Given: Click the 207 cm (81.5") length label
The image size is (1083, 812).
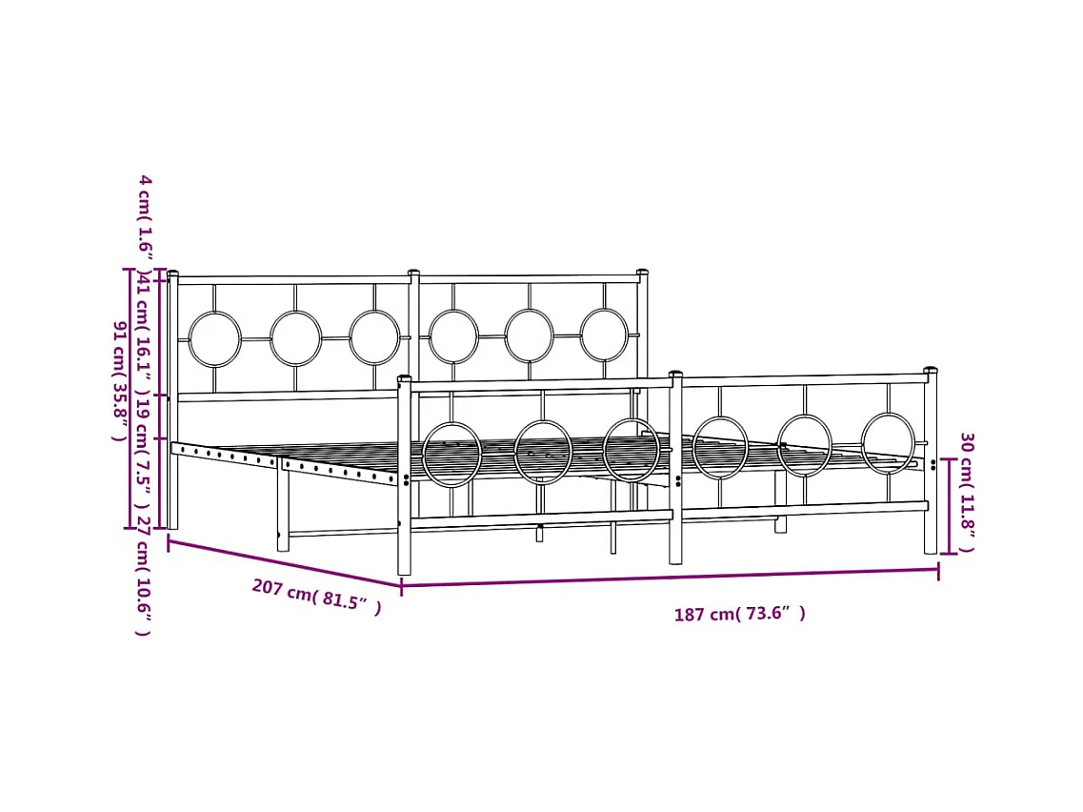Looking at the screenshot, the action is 316,598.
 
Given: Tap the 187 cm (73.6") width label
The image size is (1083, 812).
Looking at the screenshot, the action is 739,614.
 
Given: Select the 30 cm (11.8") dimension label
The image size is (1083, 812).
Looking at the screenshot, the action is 967,492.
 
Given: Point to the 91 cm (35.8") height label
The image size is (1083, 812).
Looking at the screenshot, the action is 120,380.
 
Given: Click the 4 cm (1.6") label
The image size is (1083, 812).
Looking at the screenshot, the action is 145,218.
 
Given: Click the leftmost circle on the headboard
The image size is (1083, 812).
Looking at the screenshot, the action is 214,339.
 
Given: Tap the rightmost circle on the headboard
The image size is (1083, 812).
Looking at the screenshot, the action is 604,335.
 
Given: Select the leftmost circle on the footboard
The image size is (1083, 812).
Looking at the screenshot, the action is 451,455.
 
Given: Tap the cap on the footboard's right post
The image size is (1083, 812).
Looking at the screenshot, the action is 931,370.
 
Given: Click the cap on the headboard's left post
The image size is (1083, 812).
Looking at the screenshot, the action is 172,274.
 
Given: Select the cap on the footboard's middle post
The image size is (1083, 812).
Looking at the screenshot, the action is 675,374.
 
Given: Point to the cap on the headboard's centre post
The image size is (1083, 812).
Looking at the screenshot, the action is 413,273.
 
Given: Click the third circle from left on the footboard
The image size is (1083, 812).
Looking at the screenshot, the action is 631,450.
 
